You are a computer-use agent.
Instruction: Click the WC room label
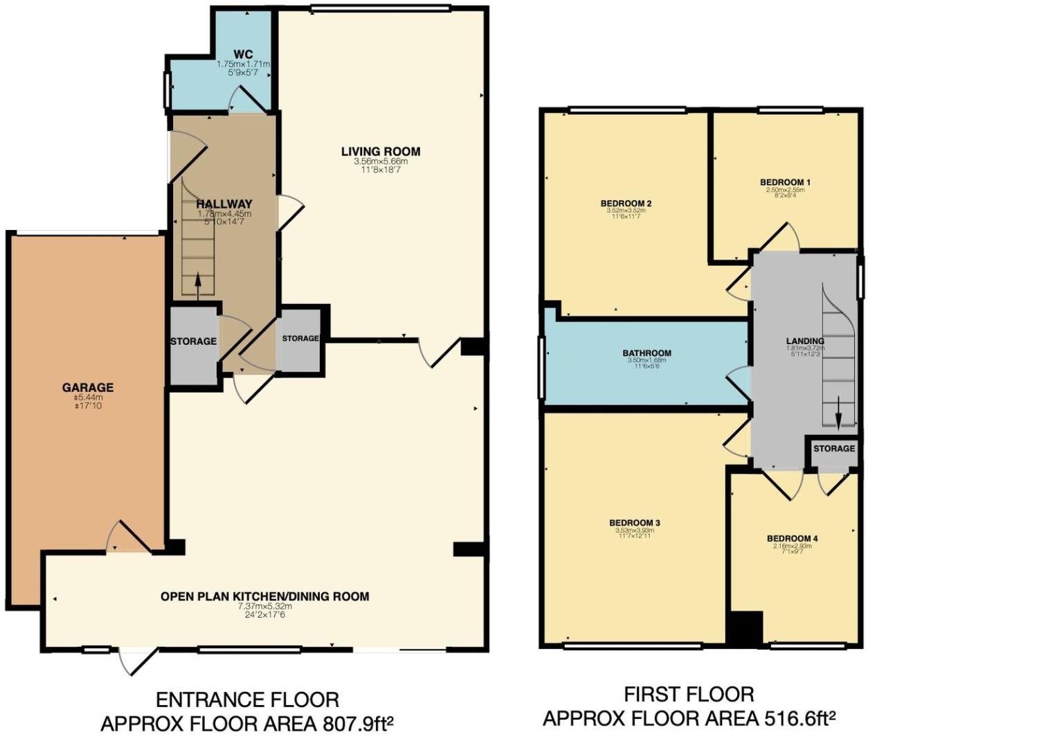243,55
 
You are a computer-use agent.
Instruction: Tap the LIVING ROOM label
380,152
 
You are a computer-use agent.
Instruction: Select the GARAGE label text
88,388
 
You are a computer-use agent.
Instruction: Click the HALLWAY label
224,204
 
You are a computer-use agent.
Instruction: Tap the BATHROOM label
647,353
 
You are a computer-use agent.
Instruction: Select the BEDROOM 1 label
785,183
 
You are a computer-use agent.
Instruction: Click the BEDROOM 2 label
626,204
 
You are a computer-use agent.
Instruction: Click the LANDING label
805,341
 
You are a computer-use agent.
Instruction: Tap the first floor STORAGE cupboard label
833,449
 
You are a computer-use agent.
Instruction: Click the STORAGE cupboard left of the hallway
194,341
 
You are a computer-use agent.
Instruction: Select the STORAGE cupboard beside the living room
300,339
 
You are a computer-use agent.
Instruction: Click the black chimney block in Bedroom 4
745,628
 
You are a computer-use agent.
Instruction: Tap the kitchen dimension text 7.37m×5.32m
264,606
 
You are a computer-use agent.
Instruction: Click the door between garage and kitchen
127,538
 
